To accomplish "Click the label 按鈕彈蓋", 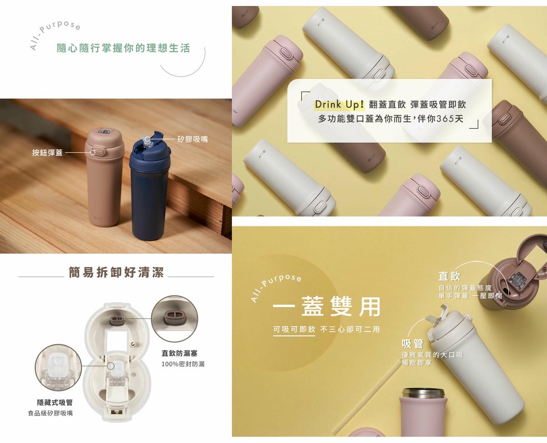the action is point(47,153).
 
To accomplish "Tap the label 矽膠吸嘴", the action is point(193,139).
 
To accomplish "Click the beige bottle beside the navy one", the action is point(104,177).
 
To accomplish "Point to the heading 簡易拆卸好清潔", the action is point(116,272).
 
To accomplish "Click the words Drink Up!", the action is point(340,104).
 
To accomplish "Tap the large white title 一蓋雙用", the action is point(326,306).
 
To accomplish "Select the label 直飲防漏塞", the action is point(180,353).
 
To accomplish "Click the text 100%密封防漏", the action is point(183,364).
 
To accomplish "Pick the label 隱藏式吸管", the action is point(55,402).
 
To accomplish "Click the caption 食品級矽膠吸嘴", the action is point(50,413).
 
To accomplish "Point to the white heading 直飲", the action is point(449,276).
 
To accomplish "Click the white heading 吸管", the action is point(413,344).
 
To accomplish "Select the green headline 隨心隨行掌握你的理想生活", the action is point(123,48).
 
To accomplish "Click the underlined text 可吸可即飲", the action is point(294,329).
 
